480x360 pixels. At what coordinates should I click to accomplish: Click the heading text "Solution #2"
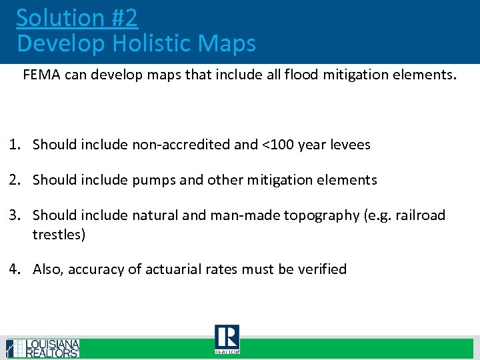point(77,18)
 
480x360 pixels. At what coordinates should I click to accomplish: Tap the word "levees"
point(348,145)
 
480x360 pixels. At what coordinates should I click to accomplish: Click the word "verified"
point(321,269)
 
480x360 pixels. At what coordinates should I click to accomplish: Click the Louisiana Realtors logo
point(43,349)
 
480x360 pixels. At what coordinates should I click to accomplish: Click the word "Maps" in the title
point(227,44)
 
